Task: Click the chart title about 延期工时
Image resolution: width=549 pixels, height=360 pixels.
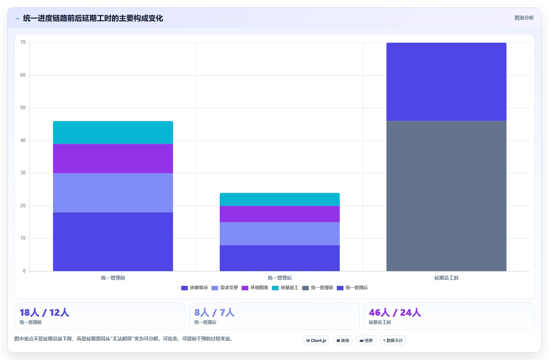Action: coord(93,18)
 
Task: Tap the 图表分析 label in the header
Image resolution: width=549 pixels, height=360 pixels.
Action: coord(524,18)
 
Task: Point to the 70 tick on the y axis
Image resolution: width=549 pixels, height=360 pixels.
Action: coord(23,42)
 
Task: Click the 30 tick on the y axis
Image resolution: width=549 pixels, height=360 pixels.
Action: coord(23,173)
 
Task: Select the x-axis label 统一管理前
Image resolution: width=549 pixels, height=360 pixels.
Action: coord(113,278)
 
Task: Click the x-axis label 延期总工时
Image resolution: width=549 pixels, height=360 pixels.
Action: coord(446,278)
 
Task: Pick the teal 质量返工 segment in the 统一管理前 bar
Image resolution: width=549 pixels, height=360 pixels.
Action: coord(113,132)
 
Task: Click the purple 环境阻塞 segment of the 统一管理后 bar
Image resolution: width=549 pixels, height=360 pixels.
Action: coord(279,214)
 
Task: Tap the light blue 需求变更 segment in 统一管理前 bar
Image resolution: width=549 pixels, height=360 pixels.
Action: coord(113,193)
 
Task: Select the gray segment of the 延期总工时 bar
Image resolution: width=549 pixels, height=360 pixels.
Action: coord(446,196)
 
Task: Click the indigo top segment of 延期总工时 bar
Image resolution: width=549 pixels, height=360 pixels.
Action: coord(446,82)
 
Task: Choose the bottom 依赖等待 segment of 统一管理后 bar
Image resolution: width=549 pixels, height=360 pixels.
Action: coord(279,258)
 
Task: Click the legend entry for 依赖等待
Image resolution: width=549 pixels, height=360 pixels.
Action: coord(194,288)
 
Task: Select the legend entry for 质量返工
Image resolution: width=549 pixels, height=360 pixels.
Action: coord(285,288)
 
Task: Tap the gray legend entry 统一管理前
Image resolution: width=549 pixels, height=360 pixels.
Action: coord(317,288)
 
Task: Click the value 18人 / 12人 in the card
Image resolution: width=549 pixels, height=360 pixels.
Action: coord(44,313)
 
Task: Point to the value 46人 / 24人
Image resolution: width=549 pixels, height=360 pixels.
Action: coord(395,313)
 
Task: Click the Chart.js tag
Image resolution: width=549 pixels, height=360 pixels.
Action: coord(316,340)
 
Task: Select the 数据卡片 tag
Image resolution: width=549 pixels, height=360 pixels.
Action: coord(393,340)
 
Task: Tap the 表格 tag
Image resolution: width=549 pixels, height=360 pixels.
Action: coord(343,340)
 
